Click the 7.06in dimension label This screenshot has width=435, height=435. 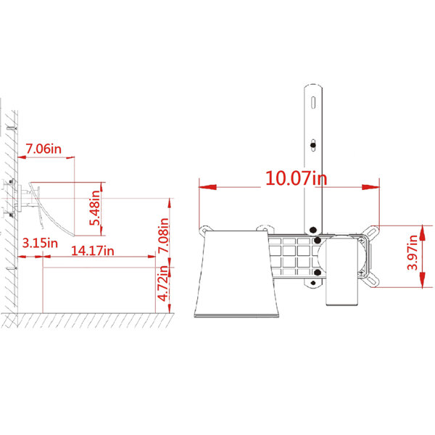click(x=43, y=149)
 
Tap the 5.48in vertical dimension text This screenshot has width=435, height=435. click(x=94, y=208)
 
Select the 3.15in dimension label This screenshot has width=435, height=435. click(x=40, y=244)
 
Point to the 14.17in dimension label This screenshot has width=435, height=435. click(x=93, y=251)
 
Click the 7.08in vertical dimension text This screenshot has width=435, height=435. click(x=163, y=235)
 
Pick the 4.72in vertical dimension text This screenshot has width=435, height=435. click(x=163, y=283)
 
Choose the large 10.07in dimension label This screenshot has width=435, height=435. click(x=296, y=178)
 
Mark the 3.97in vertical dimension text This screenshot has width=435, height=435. click(x=413, y=252)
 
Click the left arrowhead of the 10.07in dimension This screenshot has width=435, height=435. click(x=207, y=187)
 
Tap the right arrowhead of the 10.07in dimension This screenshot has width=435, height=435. click(x=370, y=187)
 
